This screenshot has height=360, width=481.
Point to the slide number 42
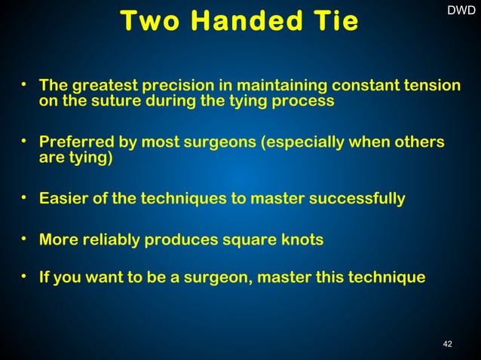point(448,344)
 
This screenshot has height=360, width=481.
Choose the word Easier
point(64,199)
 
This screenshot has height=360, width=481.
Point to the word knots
point(302,240)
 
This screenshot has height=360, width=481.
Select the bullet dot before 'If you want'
point(25,276)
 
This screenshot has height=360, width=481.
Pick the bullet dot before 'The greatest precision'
point(25,81)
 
